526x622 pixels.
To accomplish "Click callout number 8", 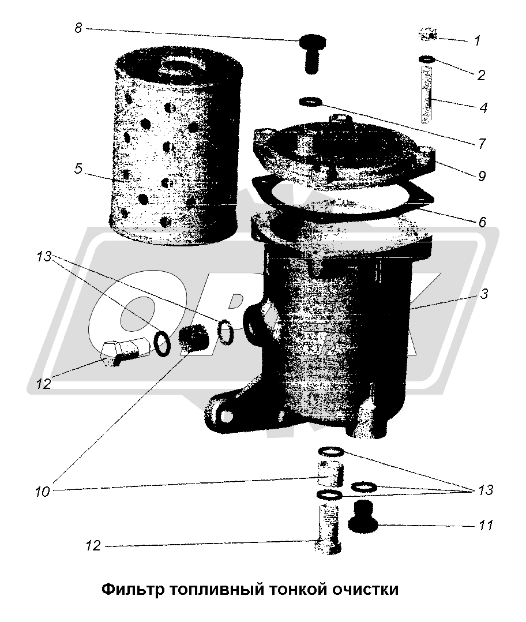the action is [78, 29].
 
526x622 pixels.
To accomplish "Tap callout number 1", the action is [477, 40].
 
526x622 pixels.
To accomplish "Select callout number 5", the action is [78, 168].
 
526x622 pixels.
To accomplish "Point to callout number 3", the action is [483, 294].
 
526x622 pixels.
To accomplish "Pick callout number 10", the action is [43, 492].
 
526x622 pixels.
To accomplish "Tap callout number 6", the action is [482, 222].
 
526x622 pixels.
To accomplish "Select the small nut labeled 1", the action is [428, 34].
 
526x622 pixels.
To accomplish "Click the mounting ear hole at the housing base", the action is [223, 414].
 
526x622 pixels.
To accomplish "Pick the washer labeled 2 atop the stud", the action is [427, 60].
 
